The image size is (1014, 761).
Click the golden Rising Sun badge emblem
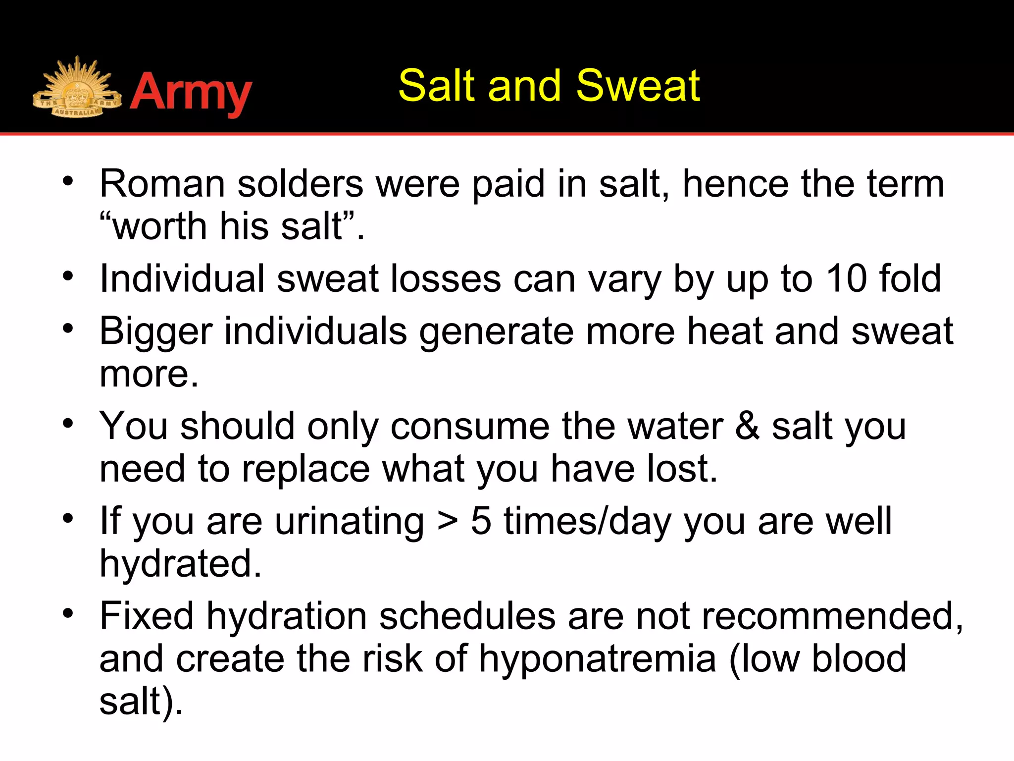pyautogui.click(x=77, y=89)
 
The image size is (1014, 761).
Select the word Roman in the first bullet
pyautogui.click(x=162, y=184)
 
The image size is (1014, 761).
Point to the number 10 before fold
pyautogui.click(x=846, y=279)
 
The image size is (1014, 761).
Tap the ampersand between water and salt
pyautogui.click(x=747, y=427)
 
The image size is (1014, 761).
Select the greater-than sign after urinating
pyautogui.click(x=448, y=522)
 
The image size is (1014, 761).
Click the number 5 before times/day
pyautogui.click(x=481, y=521)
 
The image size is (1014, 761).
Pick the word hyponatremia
pyautogui.click(x=598, y=659)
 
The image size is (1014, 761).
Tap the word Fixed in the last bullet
pyautogui.click(x=147, y=616)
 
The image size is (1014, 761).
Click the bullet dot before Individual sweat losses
pyautogui.click(x=68, y=276)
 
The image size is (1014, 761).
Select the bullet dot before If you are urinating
pyautogui.click(x=68, y=519)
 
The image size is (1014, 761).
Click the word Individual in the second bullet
pyautogui.click(x=182, y=279)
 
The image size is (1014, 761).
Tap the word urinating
pyautogui.click(x=350, y=522)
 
